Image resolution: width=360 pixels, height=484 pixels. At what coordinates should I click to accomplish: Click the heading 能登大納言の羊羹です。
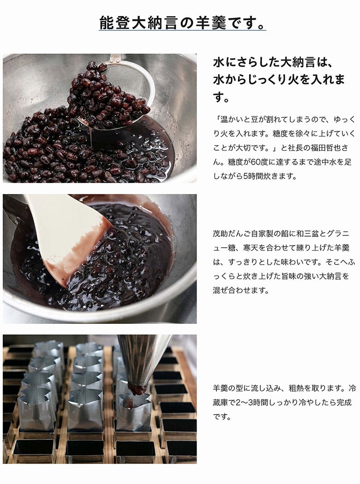pos(182,23)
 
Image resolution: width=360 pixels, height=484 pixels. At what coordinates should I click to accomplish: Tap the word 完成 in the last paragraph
pos(344,403)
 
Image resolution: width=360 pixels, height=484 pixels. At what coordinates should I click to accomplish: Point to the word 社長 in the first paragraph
pos(288,148)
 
